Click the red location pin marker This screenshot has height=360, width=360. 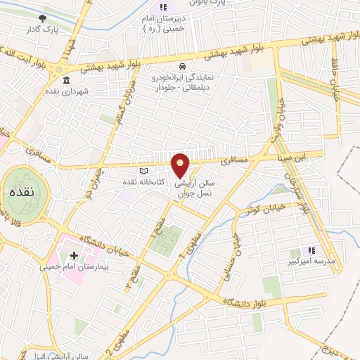tap(181, 165)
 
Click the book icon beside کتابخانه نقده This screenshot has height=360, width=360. tap(143, 172)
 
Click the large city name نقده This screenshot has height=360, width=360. tap(23, 191)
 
